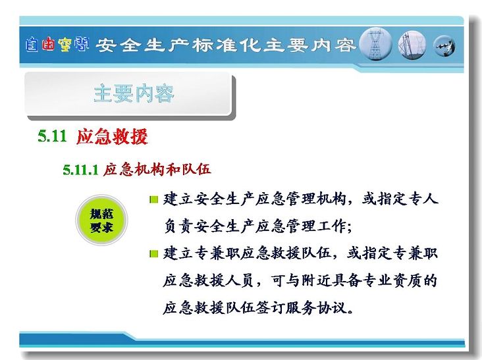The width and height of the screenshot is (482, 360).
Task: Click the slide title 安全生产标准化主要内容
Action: pyautogui.click(x=226, y=45)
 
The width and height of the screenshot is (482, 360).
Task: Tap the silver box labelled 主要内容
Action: pyautogui.click(x=130, y=94)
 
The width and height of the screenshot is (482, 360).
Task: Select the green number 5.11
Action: pyautogui.click(x=52, y=136)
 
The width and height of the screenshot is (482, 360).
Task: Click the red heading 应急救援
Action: pyautogui.click(x=112, y=136)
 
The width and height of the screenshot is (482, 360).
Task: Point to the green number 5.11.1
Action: pyautogui.click(x=80, y=170)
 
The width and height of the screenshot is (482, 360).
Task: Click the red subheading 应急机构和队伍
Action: pyautogui.click(x=157, y=169)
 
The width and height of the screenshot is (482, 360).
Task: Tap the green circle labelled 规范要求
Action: pyautogui.click(x=101, y=220)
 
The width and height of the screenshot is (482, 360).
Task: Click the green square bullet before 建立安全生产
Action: pyautogui.click(x=153, y=200)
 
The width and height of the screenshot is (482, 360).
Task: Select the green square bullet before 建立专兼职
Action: pyautogui.click(x=153, y=254)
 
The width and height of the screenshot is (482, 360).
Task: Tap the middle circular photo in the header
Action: pyautogui.click(x=412, y=45)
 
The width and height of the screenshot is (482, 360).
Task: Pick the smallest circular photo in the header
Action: pyautogui.click(x=444, y=46)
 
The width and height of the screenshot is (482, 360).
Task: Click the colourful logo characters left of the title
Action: pyautogui.click(x=57, y=45)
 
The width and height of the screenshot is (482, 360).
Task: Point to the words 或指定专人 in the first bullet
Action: pyautogui.click(x=400, y=199)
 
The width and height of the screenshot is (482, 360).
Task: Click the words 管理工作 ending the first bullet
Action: pyautogui.click(x=315, y=226)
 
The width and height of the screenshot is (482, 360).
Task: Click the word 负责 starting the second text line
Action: pyautogui.click(x=178, y=226)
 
